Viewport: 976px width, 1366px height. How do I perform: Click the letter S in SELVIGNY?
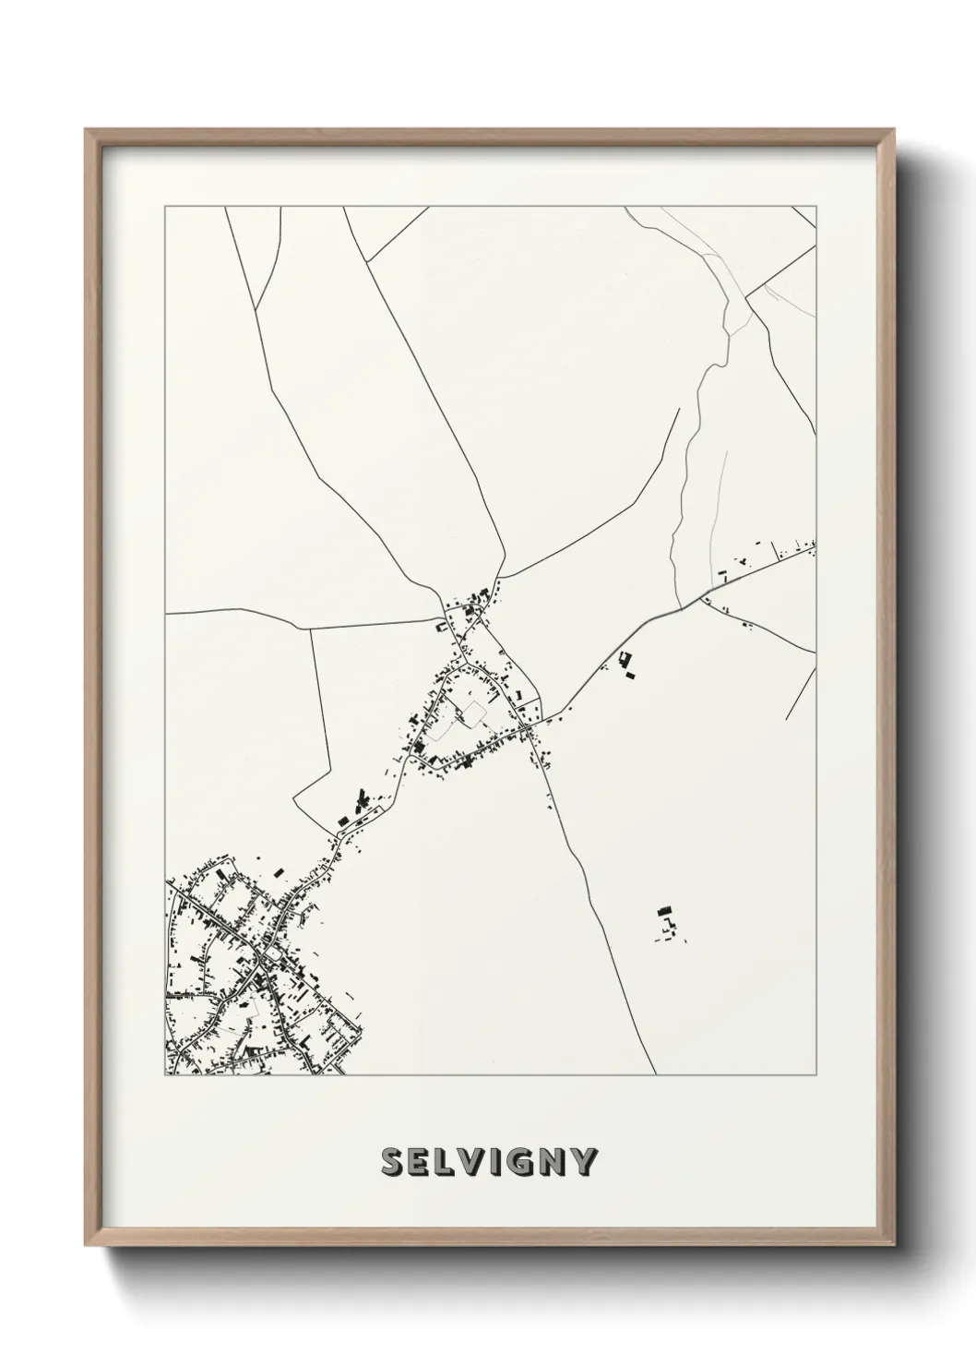pyautogui.click(x=392, y=1163)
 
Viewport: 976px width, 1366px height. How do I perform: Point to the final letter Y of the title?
pyautogui.click(x=584, y=1163)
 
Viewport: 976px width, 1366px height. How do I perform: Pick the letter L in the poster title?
pyautogui.click(x=442, y=1163)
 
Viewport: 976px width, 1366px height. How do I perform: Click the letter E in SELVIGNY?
pyautogui.click(x=418, y=1163)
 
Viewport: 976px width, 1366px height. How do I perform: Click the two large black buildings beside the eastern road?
pyautogui.click(x=627, y=665)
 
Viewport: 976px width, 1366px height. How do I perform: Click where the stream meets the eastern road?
pyautogui.click(x=680, y=609)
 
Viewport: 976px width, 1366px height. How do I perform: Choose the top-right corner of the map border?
pyautogui.click(x=816, y=207)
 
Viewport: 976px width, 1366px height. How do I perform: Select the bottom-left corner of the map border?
pyautogui.click(x=165, y=1075)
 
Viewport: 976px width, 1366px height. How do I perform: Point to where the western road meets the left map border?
pyautogui.click(x=166, y=613)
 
